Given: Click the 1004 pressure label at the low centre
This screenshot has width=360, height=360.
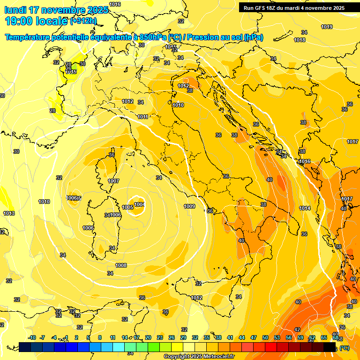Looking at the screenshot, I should pos(139,204).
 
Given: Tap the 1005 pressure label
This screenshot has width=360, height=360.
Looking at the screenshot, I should pos(127,207).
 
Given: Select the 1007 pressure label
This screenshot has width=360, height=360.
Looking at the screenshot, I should pos(113,181).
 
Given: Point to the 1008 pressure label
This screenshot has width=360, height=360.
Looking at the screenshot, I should pos(121,265).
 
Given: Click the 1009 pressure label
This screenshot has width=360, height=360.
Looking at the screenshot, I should pos(189,206).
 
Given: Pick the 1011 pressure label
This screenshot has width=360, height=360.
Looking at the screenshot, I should pos(143,117).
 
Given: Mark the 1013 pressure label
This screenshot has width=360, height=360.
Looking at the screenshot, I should pos(9,213).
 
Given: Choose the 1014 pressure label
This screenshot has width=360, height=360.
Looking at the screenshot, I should pos(305,208).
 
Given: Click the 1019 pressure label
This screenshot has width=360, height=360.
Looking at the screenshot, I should pos(327,27).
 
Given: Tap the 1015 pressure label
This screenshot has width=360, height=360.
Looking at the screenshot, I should pos(71,72).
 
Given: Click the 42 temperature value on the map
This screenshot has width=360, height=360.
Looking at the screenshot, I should pos(297,330).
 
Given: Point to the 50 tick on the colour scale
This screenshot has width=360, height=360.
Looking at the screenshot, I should pos(265,337).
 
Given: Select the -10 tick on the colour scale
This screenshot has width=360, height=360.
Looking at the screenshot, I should pos(32,337).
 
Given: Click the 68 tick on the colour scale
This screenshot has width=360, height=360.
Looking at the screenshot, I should pos(336,337).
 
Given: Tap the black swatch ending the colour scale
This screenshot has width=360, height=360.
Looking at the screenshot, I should pos(330,347).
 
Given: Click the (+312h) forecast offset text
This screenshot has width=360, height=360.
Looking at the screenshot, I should pos(83,21).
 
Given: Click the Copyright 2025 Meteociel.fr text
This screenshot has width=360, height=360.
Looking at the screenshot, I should pos(199,356).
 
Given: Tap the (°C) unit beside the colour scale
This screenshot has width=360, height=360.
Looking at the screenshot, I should pos(345,348).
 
